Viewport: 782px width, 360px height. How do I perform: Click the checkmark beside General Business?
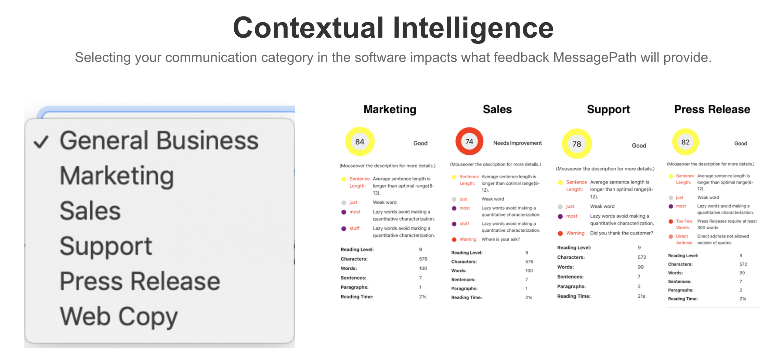41,142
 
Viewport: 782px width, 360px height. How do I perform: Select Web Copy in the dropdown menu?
119,317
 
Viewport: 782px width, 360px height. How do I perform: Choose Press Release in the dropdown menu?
140,281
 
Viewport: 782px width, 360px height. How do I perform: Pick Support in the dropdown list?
106,246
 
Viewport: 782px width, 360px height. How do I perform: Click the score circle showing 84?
360,142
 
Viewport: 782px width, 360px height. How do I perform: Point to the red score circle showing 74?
469,141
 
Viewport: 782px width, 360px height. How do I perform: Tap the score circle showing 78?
577,144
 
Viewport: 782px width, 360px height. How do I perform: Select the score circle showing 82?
685,142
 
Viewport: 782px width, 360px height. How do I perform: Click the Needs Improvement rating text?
517,143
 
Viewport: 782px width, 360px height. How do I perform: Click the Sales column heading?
497,110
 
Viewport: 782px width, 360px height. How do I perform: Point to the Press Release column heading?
712,110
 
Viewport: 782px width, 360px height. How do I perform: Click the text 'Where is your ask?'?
500,239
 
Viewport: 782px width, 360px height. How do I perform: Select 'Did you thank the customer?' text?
621,233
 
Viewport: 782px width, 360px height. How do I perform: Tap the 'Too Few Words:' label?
684,224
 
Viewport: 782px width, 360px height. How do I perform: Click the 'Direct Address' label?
683,240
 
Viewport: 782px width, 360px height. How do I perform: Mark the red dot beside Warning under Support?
560,233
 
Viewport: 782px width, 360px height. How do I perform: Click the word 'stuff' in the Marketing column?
354,228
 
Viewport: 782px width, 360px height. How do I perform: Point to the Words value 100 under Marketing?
423,268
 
